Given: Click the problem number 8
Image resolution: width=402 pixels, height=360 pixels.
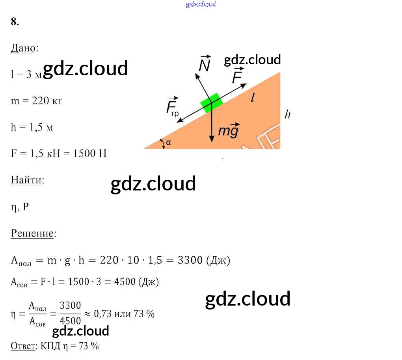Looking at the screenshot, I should pos(15,22).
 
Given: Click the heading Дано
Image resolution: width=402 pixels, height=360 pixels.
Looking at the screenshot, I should pos(24,48).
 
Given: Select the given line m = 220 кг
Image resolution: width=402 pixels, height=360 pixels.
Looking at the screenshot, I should pos(37,101).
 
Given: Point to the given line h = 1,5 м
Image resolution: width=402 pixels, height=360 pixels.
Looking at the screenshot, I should pos(32,127).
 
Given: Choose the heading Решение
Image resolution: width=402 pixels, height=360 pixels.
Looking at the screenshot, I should pos(32,233).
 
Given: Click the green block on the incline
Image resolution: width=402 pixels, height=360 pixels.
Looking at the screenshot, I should pos(211,103).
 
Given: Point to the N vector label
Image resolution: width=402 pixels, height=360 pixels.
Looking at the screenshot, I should pos(204,64).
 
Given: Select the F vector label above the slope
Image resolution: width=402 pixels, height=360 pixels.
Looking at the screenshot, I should pos(237,76).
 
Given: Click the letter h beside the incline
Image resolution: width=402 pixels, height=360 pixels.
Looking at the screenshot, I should pos(288,114).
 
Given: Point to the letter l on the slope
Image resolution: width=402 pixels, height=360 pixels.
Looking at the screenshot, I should pos(252,98).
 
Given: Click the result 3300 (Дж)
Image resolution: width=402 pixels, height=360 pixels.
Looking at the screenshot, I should pos(204,260).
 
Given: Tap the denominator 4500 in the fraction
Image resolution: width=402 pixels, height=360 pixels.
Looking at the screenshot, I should pos(70,320).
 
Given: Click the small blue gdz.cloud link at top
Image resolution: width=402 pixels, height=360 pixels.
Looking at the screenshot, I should pos(201,5).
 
